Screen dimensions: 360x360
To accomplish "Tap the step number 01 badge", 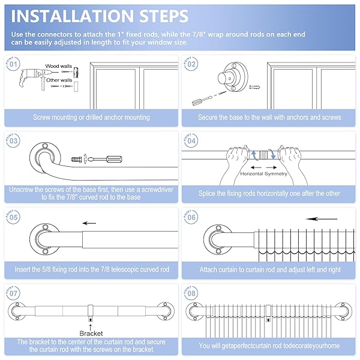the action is coord(13,64).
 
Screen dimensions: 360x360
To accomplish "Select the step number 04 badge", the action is coord(191,140).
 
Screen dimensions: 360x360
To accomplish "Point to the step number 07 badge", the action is coord(13,293).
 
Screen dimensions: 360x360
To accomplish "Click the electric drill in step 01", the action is coord(31,79).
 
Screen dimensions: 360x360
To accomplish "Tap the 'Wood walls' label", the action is coord(59,66).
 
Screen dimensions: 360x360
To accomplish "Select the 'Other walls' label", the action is coord(59,80).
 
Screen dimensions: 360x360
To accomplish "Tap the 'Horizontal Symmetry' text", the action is coord(263,174).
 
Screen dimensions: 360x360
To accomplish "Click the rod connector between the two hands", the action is coord(263,155).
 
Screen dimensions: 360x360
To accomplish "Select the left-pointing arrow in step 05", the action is coord(89,223).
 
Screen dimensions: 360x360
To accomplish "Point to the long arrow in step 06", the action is coord(322,219).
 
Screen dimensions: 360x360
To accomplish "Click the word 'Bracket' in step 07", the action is coord(91,334).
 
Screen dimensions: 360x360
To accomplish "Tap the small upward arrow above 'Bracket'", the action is coord(91,327).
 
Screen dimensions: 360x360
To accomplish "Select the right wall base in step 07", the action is coord(166,311).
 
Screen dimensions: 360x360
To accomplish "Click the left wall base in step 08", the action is coord(194,311).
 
